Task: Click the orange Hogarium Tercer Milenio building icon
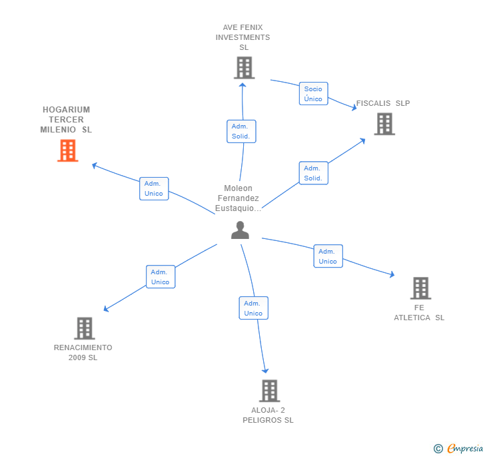67,150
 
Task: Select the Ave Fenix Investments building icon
244,67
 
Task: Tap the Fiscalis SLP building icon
384,124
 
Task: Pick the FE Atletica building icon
420,288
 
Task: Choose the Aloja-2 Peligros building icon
268,391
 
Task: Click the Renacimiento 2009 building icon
84,328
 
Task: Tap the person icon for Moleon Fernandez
240,230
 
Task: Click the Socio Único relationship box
313,94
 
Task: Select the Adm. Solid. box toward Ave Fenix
241,131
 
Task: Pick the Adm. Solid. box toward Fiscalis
313,173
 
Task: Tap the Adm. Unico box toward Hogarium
154,188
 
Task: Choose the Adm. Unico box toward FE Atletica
328,256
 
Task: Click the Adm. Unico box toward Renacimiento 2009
161,277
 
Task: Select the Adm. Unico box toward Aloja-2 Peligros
253,308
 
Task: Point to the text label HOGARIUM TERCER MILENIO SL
66,120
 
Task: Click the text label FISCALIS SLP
383,103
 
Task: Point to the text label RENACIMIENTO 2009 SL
83,352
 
